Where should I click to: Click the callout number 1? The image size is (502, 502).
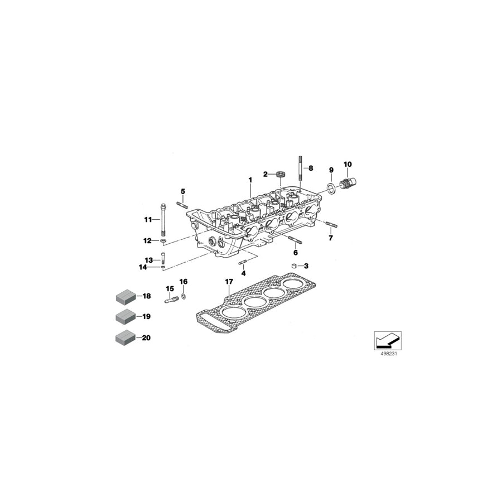point(250,180)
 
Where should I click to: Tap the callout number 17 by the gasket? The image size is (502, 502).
point(228,282)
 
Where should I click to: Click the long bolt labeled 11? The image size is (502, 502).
point(164,220)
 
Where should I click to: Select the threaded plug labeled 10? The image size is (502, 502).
point(350,184)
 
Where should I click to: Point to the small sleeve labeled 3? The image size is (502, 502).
point(293,266)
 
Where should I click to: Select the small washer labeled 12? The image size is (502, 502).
point(163,241)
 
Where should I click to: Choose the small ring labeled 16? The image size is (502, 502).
point(184,293)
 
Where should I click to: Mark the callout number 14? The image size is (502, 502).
point(143,267)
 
